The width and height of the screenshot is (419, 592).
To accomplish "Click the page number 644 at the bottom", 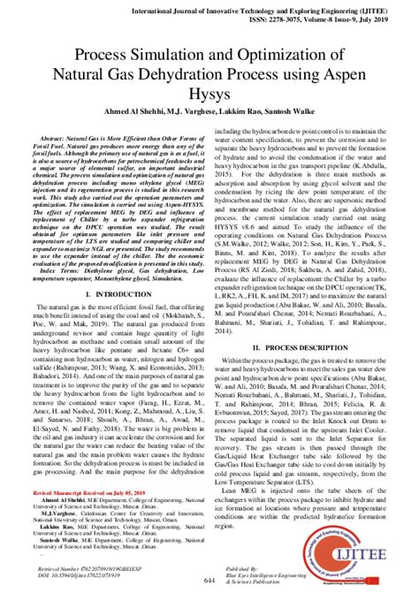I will tap(209, 579).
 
